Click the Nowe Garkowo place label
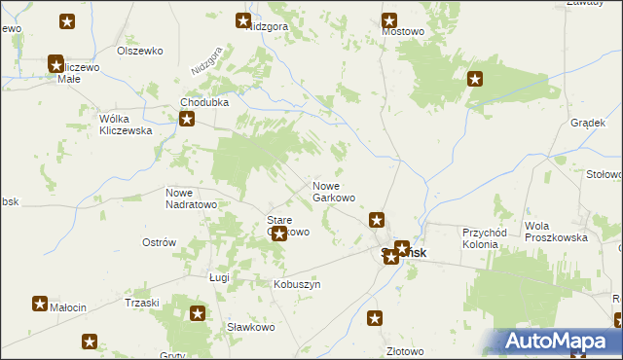point(333,192)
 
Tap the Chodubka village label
point(202,102)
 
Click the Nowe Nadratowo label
point(191,198)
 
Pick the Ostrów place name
point(159,242)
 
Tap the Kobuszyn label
point(297,284)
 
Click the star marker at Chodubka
point(187,121)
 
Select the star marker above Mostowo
point(389,19)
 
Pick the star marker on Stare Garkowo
point(279,234)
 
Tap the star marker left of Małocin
point(40,304)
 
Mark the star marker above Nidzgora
point(243,19)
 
